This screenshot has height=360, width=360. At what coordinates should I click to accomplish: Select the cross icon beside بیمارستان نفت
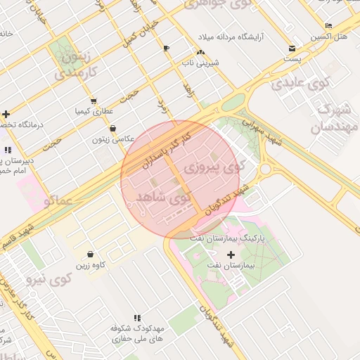[231, 254]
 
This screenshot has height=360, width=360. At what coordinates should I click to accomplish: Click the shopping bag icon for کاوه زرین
[91, 254]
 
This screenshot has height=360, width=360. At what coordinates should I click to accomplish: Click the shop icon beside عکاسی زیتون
[113, 129]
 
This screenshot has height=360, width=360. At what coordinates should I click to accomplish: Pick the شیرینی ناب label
[201, 63]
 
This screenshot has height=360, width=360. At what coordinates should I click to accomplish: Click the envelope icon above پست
[292, 49]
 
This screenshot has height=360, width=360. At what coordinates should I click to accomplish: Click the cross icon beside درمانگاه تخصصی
[6, 114]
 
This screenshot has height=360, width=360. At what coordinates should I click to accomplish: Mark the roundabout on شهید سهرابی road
[266, 169]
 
